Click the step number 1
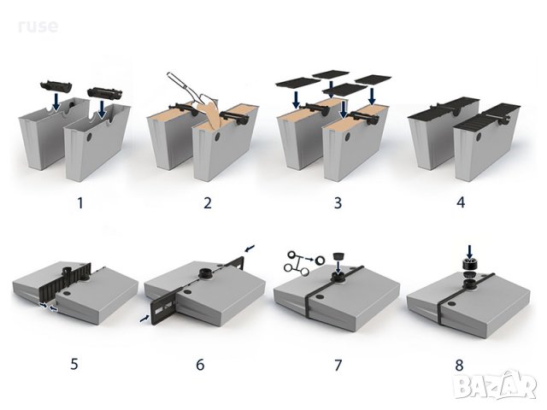point(80,202)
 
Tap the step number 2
point(208,202)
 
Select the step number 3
point(338,202)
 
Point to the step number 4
point(461,202)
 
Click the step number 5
point(74,364)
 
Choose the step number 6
point(200,365)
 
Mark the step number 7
point(338,365)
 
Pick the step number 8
point(459,366)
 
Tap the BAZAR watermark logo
point(495,385)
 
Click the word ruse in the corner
point(38,26)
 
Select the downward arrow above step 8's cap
point(469,252)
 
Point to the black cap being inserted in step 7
point(338,256)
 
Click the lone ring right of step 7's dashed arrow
point(320,260)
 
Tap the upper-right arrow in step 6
point(250,248)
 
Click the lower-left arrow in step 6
point(144,318)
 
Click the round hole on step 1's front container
point(89,137)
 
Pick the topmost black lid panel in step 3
point(331,74)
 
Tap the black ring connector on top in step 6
point(205,273)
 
